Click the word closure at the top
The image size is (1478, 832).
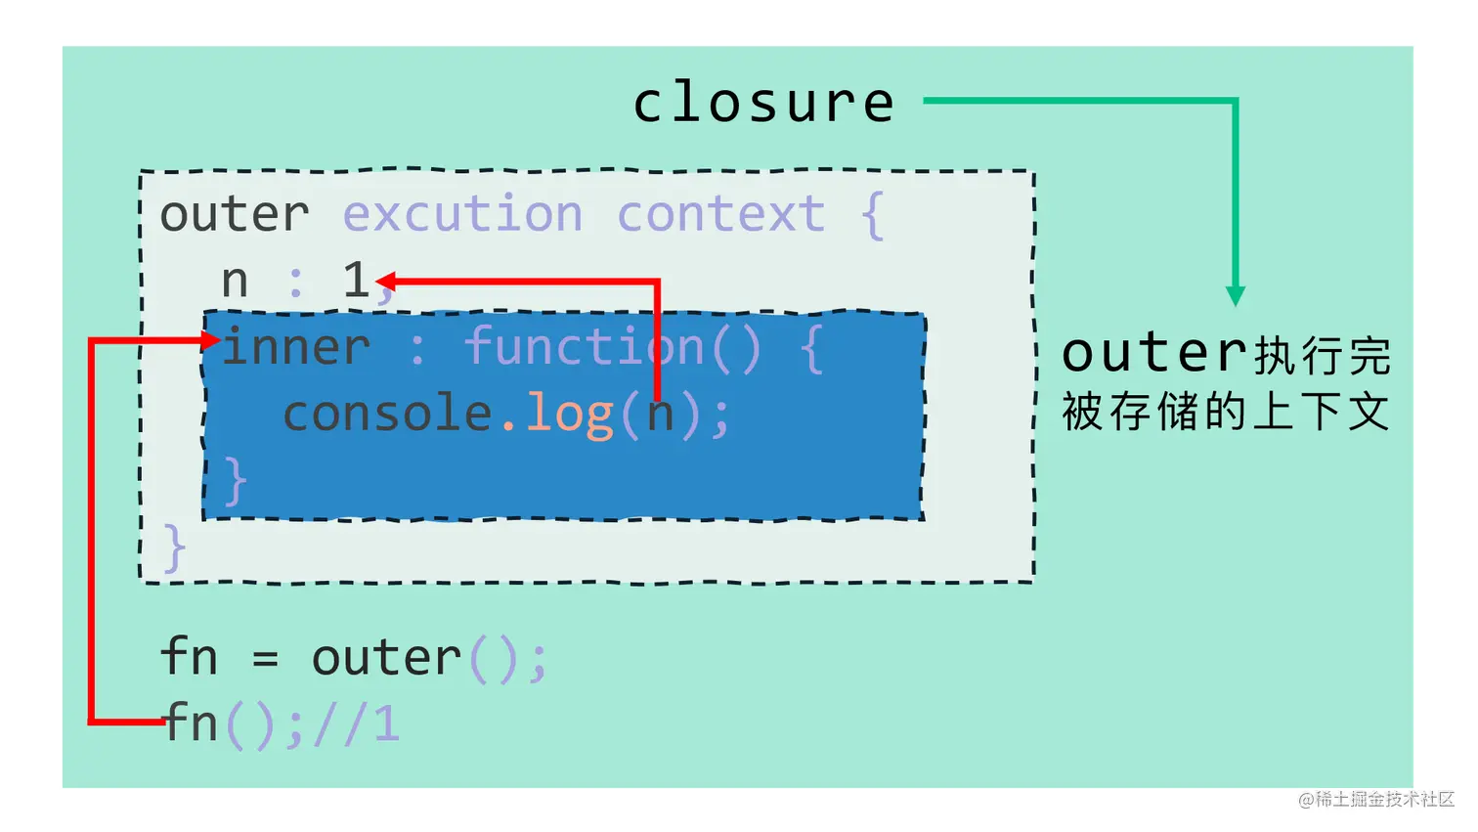click(763, 103)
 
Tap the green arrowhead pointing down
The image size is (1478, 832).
click(1236, 295)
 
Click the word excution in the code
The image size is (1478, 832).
click(462, 214)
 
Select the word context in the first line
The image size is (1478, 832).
click(720, 214)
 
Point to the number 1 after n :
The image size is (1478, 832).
click(356, 280)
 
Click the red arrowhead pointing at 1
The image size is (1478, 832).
click(385, 282)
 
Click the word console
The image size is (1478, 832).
click(387, 413)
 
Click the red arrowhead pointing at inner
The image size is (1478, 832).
click(210, 340)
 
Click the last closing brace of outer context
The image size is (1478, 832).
click(174, 547)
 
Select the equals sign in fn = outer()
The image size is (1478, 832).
click(265, 659)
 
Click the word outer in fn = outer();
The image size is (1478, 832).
click(386, 658)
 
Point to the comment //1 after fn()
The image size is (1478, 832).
click(357, 723)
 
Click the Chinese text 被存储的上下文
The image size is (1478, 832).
click(1225, 411)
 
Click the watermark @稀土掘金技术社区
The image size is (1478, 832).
click(1376, 799)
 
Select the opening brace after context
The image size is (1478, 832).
click(872, 215)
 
